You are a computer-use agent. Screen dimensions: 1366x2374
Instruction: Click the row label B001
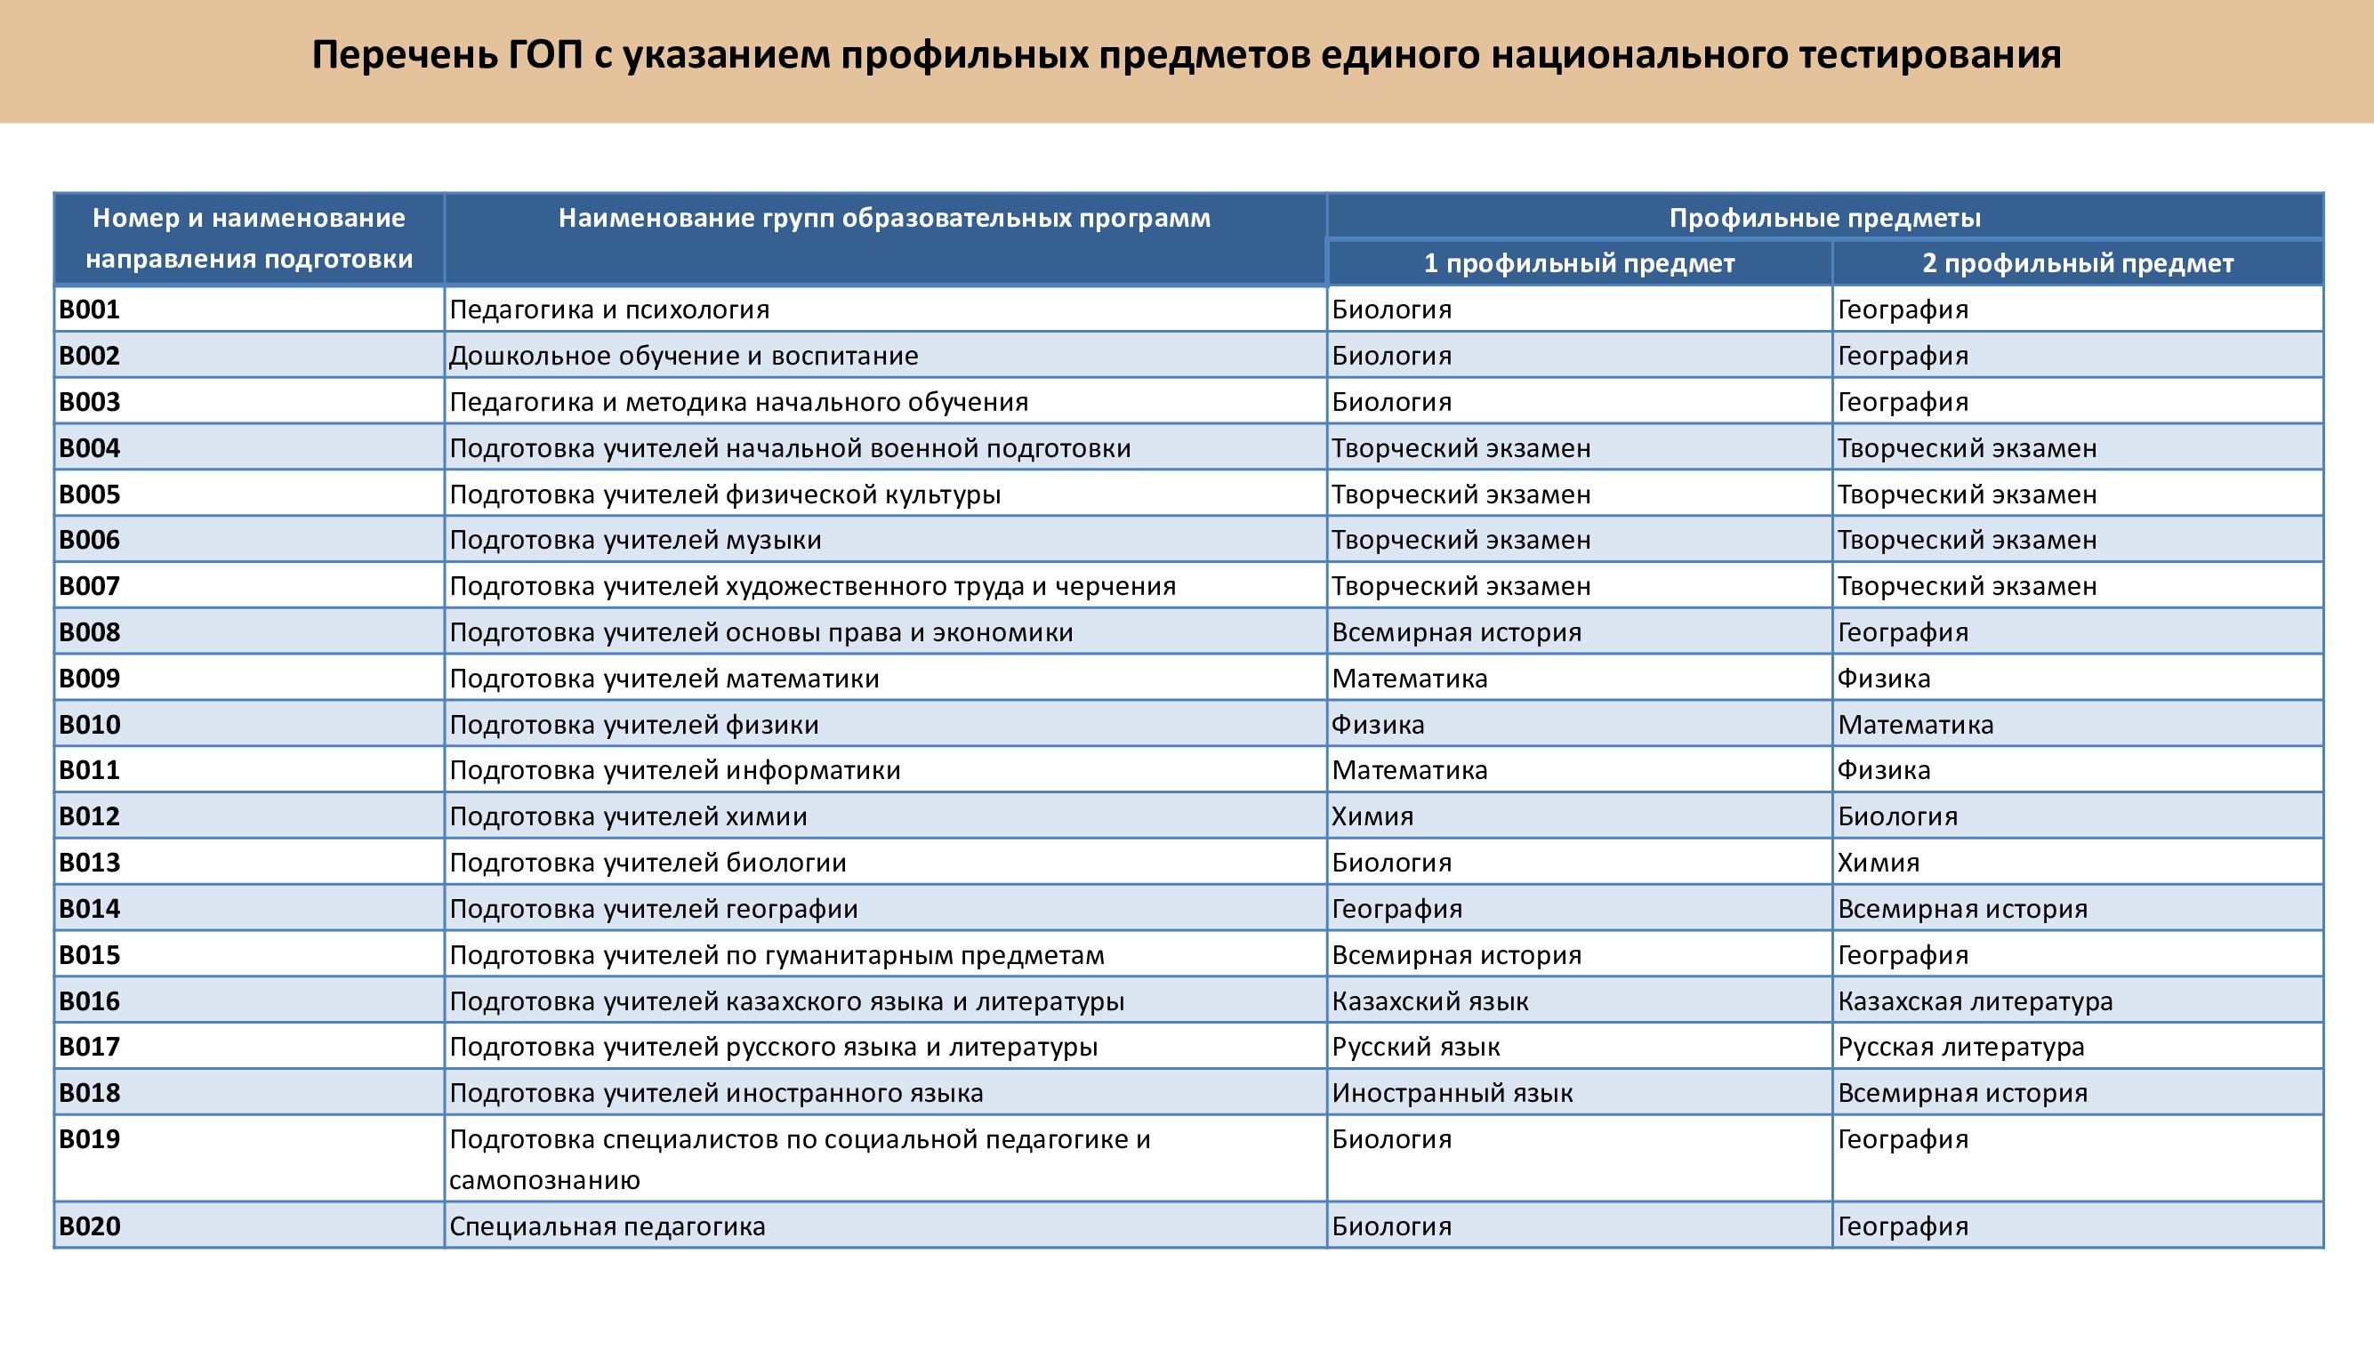(x=90, y=309)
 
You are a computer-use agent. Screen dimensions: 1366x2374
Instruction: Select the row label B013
(x=90, y=862)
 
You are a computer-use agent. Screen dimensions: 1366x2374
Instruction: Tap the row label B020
(x=90, y=1226)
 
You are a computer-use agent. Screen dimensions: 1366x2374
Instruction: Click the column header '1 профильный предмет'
(x=1578, y=263)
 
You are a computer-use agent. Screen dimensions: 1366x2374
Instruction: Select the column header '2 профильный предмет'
(x=2078, y=263)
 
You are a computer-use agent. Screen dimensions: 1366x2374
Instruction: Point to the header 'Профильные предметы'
(x=1824, y=219)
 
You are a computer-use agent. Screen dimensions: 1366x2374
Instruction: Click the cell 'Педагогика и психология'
(x=609, y=309)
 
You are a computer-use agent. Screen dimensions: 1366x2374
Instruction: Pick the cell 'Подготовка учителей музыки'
(x=635, y=541)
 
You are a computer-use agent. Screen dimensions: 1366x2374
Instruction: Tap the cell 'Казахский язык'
(x=1430, y=1002)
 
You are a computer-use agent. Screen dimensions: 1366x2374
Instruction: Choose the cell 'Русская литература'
(x=1960, y=1047)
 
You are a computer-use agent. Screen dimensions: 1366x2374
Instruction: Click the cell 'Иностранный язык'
(x=1452, y=1093)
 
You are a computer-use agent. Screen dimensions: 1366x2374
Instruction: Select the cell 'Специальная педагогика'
(x=608, y=1226)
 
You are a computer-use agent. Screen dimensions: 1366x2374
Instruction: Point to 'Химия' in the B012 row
(x=1372, y=816)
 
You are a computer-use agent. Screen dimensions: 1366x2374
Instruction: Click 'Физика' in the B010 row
(x=1378, y=724)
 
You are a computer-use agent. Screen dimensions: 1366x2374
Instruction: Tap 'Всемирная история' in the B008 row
(x=1456, y=632)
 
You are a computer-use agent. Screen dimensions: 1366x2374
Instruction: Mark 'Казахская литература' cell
(x=1975, y=1002)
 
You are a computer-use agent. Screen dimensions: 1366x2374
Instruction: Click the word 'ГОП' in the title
(x=545, y=55)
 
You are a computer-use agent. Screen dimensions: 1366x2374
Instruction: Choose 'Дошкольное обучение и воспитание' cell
(x=683, y=356)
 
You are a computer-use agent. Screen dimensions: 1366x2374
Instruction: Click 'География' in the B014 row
(x=1396, y=909)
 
